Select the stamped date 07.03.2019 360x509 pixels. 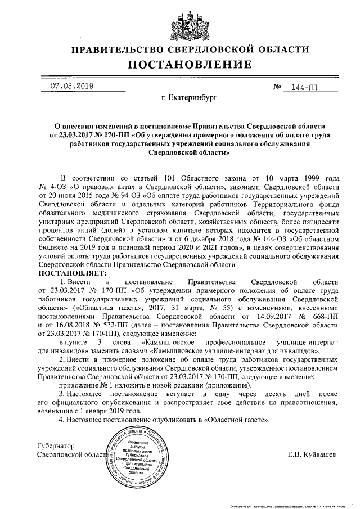pos(72,87)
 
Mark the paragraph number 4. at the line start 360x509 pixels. pos(62,420)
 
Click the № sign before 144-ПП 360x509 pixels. pos(276,88)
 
